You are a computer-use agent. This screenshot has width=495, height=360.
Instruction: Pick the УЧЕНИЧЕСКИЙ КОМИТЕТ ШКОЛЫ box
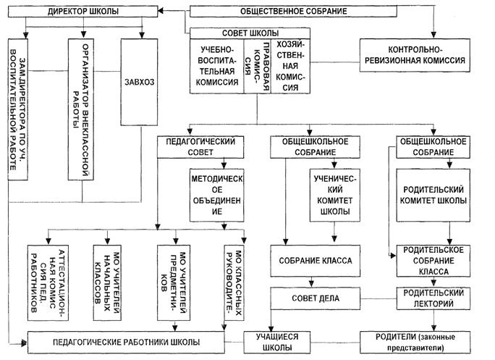point(332,194)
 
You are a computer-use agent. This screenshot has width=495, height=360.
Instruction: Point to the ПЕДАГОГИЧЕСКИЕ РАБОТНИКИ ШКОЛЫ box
point(125,340)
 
